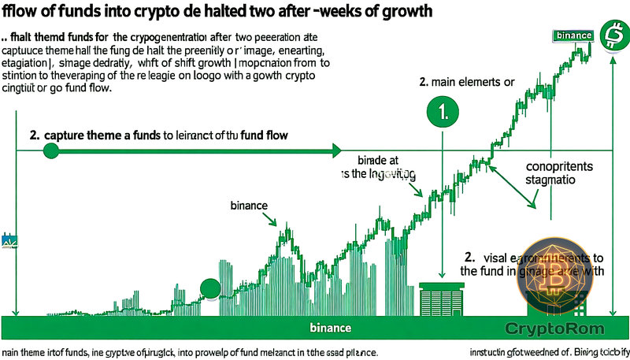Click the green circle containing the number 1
click(x=442, y=111)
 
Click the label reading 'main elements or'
click(x=466, y=81)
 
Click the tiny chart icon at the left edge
click(x=9, y=241)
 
